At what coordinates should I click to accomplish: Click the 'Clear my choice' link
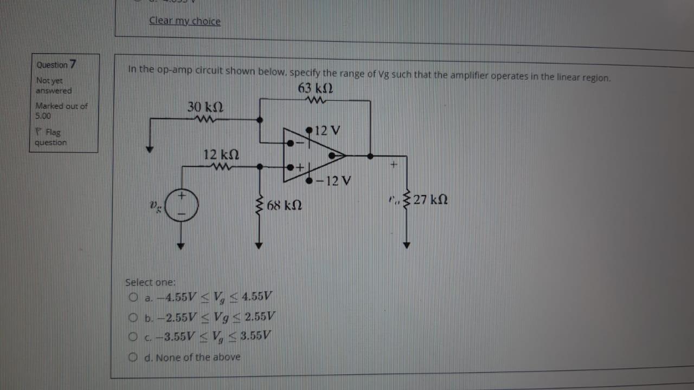(x=185, y=21)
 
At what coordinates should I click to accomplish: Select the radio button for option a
(x=133, y=297)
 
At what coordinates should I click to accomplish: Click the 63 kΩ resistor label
(x=316, y=88)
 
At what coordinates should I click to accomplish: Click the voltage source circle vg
(x=182, y=206)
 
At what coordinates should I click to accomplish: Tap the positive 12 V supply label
(x=327, y=131)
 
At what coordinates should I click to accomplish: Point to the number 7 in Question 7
(x=73, y=64)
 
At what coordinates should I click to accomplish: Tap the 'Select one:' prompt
(x=151, y=282)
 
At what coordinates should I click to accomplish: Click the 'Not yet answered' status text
(x=54, y=86)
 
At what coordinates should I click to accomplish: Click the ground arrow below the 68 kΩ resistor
(x=259, y=245)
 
